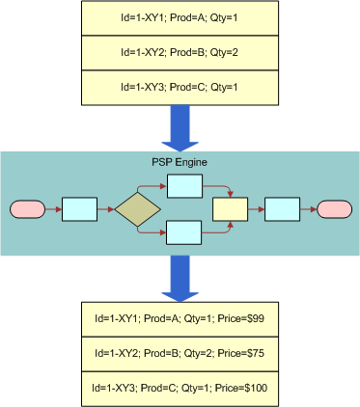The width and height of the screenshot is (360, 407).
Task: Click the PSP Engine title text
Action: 180,160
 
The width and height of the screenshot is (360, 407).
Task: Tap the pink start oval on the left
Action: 27,209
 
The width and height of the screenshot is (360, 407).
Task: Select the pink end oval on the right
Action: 333,209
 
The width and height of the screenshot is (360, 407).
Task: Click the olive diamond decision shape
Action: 137,209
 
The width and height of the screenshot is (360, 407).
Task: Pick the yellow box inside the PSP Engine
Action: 230,209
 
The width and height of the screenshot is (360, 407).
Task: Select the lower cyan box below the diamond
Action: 183,232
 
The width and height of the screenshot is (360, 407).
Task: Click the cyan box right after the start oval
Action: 79,209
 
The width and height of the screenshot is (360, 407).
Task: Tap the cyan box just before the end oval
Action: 281,209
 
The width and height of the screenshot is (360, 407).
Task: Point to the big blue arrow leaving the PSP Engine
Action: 180,279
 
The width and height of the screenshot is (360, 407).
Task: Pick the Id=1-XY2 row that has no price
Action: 180,52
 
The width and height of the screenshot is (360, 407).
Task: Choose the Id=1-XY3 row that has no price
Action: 180,87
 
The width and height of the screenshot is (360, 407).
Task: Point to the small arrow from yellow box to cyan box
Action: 255,209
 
